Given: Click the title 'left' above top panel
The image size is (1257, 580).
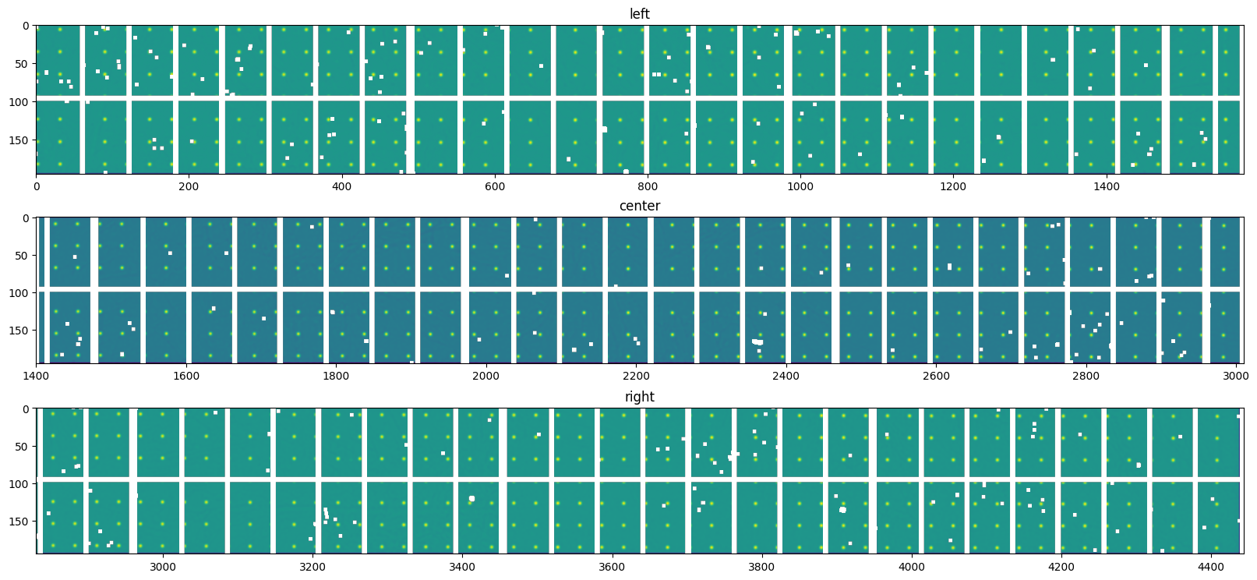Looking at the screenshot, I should [639, 14].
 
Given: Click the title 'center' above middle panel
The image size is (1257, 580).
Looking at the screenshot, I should [639, 206].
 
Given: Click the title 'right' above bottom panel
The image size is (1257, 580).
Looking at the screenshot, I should [639, 397].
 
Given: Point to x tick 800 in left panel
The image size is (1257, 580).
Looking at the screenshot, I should [647, 186].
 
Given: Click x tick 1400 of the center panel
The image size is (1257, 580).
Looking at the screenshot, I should [36, 376].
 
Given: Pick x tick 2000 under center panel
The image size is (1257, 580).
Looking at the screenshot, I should [486, 376].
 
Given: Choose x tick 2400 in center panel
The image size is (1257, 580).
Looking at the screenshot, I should [786, 376].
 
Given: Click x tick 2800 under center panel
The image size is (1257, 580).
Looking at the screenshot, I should [1086, 376].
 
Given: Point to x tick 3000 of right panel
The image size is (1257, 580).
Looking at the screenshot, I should [162, 567].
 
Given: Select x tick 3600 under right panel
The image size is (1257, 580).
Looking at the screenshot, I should [612, 567].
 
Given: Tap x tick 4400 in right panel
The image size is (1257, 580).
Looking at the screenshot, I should [1211, 567].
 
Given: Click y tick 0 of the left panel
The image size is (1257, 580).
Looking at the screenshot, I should [25, 26].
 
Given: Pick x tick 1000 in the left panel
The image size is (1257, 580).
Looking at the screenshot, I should [800, 186].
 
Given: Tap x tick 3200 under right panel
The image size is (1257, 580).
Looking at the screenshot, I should [312, 567].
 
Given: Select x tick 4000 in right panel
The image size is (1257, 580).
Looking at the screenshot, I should [912, 567].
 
